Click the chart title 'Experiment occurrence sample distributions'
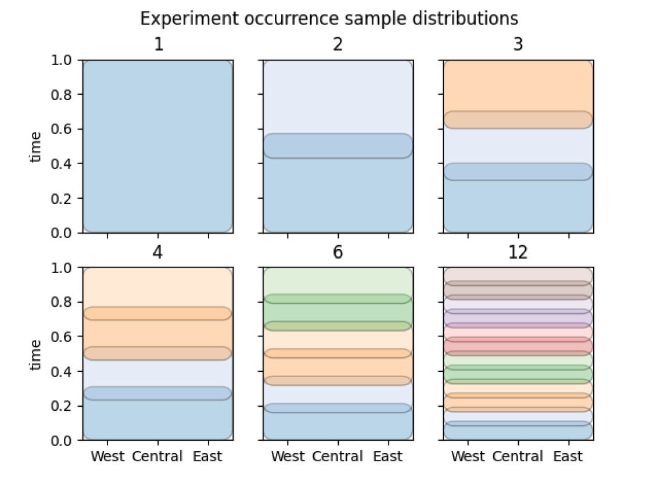[329, 19]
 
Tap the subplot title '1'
[158, 45]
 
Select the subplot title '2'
[338, 45]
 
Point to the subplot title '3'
[518, 45]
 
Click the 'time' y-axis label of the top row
[36, 146]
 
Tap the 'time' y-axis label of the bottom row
[36, 354]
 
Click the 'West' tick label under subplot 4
[107, 457]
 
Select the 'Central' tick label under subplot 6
[338, 457]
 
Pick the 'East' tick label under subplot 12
[568, 457]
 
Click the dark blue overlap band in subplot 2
[338, 146]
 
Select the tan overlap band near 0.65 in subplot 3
[518, 120]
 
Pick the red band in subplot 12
[518, 346]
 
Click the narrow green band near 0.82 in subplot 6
[338, 299]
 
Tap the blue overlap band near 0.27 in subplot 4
[158, 393]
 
